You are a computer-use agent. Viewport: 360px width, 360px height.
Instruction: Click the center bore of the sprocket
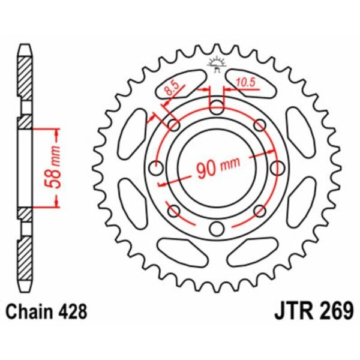coord(217,168)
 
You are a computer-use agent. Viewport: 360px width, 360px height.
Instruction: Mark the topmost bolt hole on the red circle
coord(217,108)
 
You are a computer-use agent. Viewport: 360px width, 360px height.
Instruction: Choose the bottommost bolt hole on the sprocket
coord(217,228)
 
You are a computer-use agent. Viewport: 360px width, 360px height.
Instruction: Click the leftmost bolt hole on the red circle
coord(157,168)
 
